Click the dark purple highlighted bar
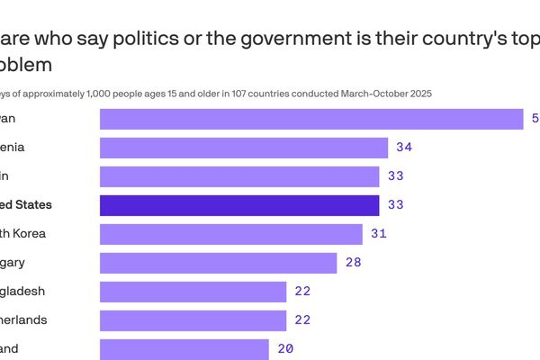click(x=239, y=205)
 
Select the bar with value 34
click(x=243, y=148)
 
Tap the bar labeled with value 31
click(x=230, y=234)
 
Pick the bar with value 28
click(x=218, y=263)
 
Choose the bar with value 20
click(x=184, y=348)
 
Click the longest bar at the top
click(x=311, y=119)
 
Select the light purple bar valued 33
click(x=239, y=176)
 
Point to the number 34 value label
click(x=404, y=148)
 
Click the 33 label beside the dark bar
click(x=395, y=205)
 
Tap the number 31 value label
click(x=378, y=234)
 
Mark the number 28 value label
click(x=353, y=263)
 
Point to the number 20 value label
click(x=285, y=348)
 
